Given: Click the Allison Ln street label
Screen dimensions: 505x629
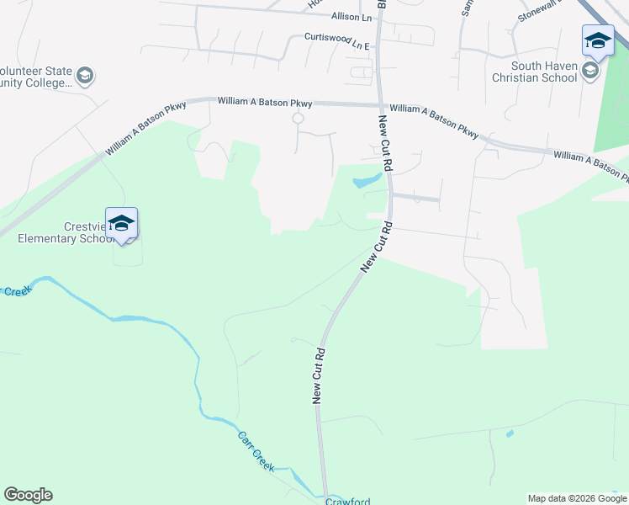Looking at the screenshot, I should pyautogui.click(x=351, y=17).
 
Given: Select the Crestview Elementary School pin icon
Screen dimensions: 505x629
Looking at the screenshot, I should pyautogui.click(x=122, y=224).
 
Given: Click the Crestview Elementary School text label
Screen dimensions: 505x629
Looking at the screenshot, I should pyautogui.click(x=66, y=232).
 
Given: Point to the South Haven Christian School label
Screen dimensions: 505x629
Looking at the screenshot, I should pyautogui.click(x=543, y=72).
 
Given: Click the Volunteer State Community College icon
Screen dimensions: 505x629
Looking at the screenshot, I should pyautogui.click(x=84, y=77).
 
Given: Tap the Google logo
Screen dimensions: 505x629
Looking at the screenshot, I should pyautogui.click(x=28, y=495).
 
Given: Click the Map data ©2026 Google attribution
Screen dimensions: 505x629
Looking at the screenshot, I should pyautogui.click(x=577, y=498).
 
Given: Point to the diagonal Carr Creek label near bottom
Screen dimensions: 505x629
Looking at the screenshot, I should pyautogui.click(x=256, y=452).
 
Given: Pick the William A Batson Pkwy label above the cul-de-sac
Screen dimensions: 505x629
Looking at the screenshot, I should pyautogui.click(x=265, y=102).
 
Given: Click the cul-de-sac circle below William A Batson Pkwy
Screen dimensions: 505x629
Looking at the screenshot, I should pyautogui.click(x=297, y=119).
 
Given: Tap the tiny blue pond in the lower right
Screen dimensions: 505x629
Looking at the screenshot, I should pyautogui.click(x=510, y=434).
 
